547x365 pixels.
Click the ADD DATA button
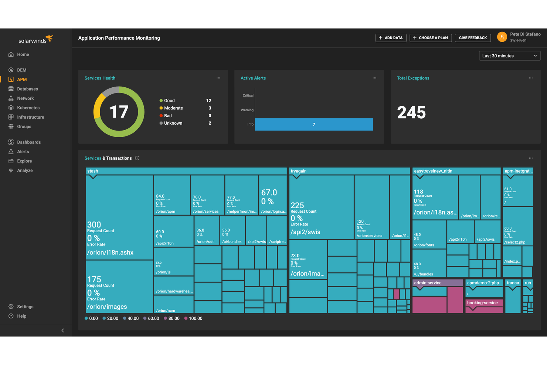coord(391,38)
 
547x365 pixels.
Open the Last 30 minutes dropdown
coord(509,56)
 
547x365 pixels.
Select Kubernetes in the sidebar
coord(28,108)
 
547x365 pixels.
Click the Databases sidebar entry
coord(27,89)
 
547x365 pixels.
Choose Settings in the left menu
coord(25,307)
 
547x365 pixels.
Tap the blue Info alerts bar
coord(313,124)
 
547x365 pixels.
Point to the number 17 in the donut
coord(119,112)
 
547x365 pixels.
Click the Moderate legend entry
coord(173,108)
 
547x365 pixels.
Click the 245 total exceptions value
coord(411,112)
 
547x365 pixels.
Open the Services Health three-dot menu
coord(218,78)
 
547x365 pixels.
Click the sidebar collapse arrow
coord(62,331)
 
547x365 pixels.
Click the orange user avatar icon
coord(502,37)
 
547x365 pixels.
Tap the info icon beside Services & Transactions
coord(137,158)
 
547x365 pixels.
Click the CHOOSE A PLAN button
coord(430,38)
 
